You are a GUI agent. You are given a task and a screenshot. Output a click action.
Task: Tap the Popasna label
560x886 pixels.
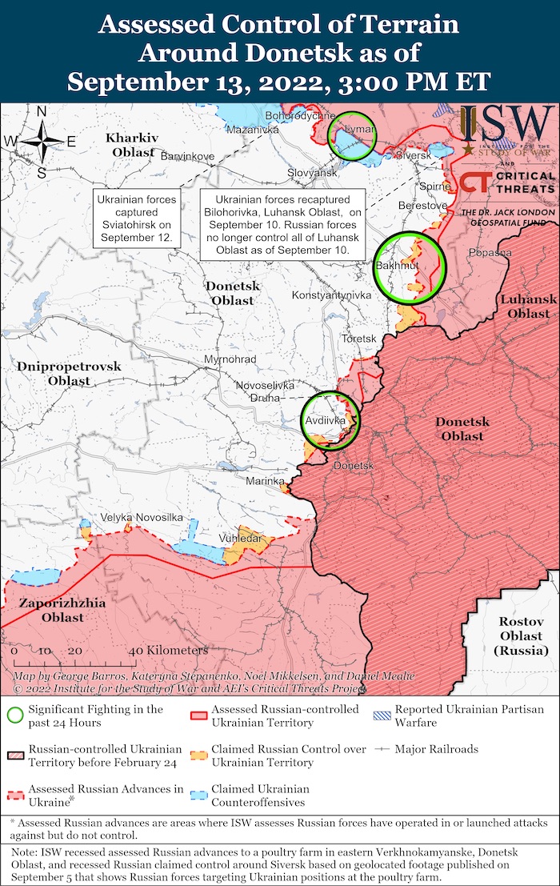pos(491,252)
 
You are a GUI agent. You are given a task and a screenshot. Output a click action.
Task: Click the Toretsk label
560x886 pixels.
pos(358,339)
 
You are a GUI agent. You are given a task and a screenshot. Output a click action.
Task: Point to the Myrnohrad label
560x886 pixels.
pos(230,359)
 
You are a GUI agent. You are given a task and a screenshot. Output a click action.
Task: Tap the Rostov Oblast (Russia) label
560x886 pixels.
pos(520,636)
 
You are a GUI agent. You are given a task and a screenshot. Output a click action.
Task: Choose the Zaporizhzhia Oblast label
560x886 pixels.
pos(51,610)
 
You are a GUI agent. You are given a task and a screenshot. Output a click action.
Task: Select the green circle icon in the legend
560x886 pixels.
pos(14,715)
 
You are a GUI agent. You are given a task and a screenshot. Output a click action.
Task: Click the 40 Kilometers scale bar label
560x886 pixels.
pos(167,651)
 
